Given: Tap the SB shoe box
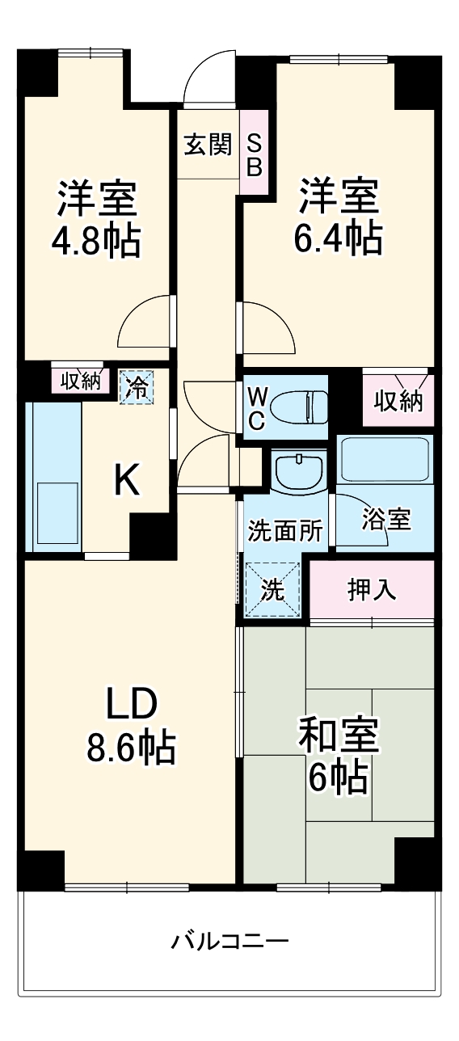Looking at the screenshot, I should (254, 154).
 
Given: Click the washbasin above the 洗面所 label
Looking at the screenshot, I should (299, 469).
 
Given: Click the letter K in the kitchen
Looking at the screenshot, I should (127, 482).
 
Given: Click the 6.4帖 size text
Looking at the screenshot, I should (339, 237).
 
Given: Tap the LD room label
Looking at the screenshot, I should (131, 706).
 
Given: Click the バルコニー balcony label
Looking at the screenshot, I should (229, 942).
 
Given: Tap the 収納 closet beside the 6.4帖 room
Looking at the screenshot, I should (398, 400).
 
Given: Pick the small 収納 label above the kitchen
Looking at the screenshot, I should (78, 381).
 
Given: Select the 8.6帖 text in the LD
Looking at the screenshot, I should (131, 748).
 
